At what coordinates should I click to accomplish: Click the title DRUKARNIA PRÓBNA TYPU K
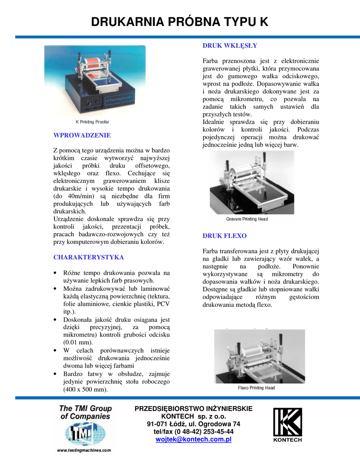click(180, 22)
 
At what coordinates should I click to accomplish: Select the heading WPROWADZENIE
click(82, 135)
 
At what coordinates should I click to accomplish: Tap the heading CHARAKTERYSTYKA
click(88, 257)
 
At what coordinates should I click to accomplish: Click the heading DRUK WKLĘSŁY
click(229, 46)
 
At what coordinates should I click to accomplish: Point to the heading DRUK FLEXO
click(224, 236)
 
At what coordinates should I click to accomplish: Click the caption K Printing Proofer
click(92, 122)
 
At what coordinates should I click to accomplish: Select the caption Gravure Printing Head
click(247, 219)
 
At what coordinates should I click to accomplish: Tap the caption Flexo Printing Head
click(256, 388)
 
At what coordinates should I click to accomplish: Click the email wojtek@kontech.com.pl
click(193, 439)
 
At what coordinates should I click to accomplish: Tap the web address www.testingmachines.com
click(84, 451)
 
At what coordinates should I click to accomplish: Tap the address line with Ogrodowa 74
click(193, 424)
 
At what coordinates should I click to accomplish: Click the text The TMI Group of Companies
click(85, 412)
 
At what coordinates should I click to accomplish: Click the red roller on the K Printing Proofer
click(91, 62)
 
